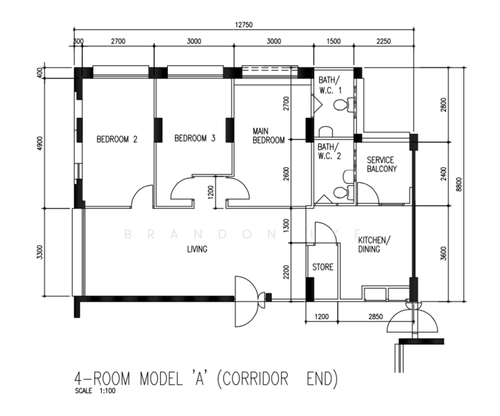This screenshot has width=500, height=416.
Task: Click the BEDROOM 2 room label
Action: pos(117,139)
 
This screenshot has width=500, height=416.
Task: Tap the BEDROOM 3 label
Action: pos(195,138)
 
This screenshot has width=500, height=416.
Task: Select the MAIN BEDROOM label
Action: pos(268,136)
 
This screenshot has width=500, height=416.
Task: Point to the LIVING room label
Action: pos(197,249)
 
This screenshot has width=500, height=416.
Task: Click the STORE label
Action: pos(322,267)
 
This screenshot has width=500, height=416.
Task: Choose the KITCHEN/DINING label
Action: pos(374,245)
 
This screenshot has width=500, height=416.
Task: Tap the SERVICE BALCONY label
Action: pos(381,164)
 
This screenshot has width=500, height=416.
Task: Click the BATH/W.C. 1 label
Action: pos(330,85)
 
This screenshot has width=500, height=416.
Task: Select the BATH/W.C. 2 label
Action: pos(329,151)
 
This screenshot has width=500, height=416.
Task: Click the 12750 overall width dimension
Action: pos(244,25)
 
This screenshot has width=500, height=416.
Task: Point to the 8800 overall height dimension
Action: pos(459,184)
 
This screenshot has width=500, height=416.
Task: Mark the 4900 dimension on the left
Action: pos(40,144)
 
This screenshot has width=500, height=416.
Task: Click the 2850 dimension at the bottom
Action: pos(376,317)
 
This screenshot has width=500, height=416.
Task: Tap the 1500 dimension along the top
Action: pos(334,41)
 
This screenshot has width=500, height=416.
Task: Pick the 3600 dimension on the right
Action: pos(444,254)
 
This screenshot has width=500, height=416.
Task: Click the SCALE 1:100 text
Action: pos(95,391)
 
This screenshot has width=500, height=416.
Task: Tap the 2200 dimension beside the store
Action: pos(286,272)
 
